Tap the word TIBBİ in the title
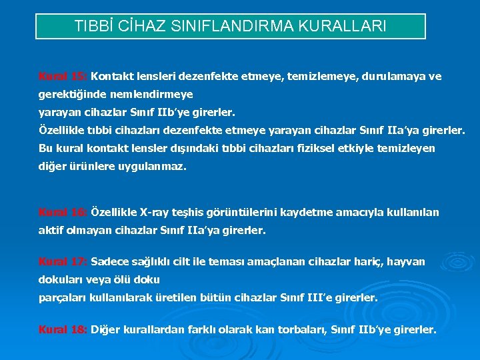(95, 27)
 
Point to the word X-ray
(155, 213)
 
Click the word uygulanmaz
(155, 167)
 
